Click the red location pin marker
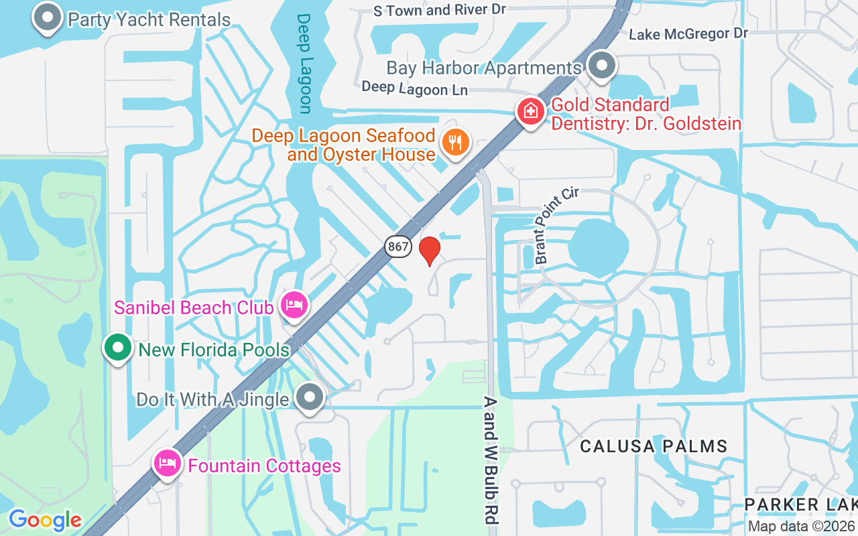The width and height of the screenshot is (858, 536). [x=430, y=251]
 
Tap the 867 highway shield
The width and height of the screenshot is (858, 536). [x=398, y=247]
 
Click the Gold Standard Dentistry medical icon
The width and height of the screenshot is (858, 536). [x=531, y=111]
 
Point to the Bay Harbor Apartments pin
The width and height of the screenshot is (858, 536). [x=602, y=66]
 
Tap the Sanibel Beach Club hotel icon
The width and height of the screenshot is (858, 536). [x=294, y=306]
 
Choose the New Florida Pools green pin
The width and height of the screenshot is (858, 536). [x=119, y=348]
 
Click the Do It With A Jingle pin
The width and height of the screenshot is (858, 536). [x=309, y=397]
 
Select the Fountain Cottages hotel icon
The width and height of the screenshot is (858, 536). [x=167, y=463]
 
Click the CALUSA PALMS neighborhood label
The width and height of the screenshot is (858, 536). [x=654, y=446]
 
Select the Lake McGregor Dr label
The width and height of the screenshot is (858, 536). [x=688, y=33]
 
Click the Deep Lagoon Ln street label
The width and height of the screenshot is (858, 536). [x=414, y=88]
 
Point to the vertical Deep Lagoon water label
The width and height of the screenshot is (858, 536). [x=305, y=64]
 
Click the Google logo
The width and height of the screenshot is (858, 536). [x=45, y=520]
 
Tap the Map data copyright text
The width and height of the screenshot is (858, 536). [x=801, y=527]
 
